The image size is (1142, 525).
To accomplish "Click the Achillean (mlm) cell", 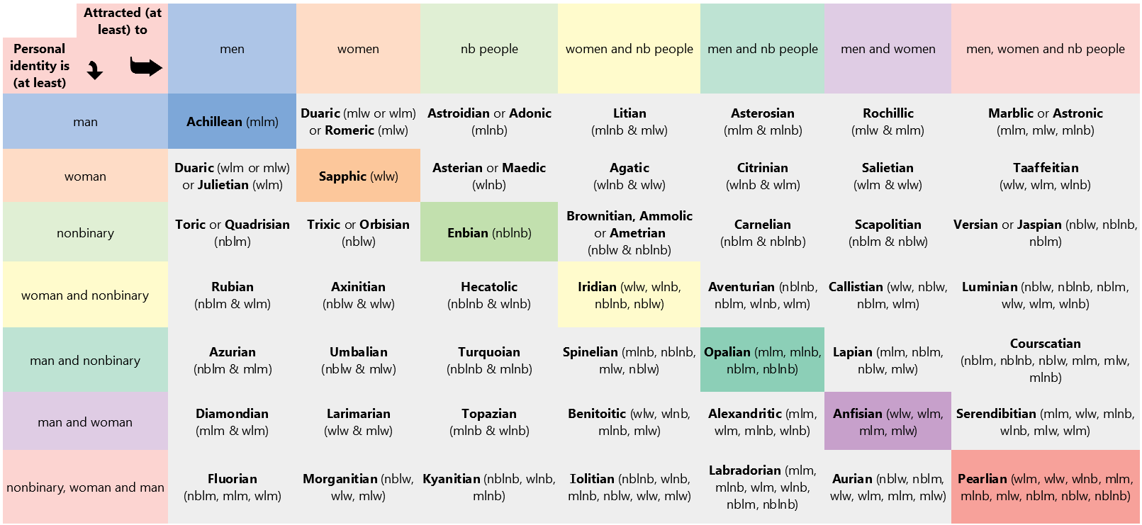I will [x=232, y=121].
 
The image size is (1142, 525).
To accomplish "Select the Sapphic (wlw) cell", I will [x=358, y=176].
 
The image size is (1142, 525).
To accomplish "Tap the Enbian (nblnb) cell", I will [x=489, y=232].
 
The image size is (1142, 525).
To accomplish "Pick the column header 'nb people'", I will [x=489, y=49].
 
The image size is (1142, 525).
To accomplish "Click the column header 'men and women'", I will [x=888, y=49].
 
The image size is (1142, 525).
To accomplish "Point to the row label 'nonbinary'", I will [x=85, y=232].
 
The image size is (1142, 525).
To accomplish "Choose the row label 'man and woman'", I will [x=85, y=422].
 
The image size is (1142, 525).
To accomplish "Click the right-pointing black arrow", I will [x=146, y=67].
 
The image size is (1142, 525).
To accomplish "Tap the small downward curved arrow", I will [x=95, y=70].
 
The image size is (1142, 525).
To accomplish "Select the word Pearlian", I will [x=982, y=479].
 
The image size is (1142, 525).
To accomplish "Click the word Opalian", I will [x=727, y=352].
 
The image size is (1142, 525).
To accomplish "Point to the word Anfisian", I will [x=857, y=414].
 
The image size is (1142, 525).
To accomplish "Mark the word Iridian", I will [x=597, y=287].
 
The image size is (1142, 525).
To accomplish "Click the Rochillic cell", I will [x=888, y=121].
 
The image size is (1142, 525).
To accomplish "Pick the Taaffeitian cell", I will [x=1045, y=176].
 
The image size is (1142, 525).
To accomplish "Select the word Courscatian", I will [x=1045, y=344].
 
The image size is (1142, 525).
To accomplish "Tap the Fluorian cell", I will [x=232, y=487].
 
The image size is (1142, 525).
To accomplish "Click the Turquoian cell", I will [x=489, y=360].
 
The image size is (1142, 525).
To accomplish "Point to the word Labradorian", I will [x=745, y=470].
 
